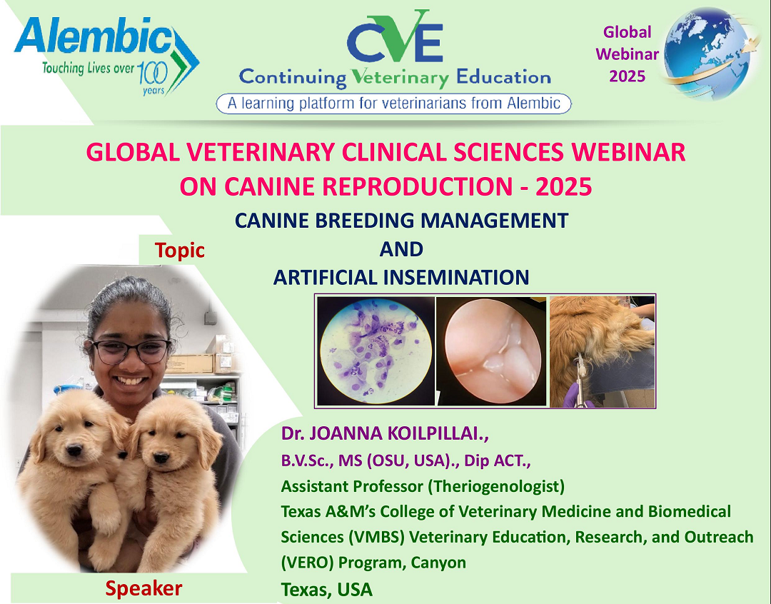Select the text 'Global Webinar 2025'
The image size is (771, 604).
pyautogui.click(x=627, y=54)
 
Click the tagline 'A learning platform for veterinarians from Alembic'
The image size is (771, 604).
pyautogui.click(x=393, y=104)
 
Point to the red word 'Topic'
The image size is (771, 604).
pyautogui.click(x=180, y=251)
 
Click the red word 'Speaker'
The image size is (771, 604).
pyautogui.click(x=143, y=588)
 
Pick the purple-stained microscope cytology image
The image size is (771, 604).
pyautogui.click(x=376, y=352)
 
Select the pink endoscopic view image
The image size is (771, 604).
pyautogui.click(x=491, y=352)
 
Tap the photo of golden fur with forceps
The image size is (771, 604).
pyautogui.click(x=602, y=352)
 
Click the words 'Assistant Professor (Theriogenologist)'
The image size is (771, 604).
pyautogui.click(x=423, y=487)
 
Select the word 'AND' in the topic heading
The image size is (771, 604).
pyautogui.click(x=401, y=249)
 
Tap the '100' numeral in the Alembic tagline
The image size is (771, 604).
pyautogui.click(x=151, y=73)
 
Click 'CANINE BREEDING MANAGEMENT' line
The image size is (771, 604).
pyautogui.click(x=401, y=221)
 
